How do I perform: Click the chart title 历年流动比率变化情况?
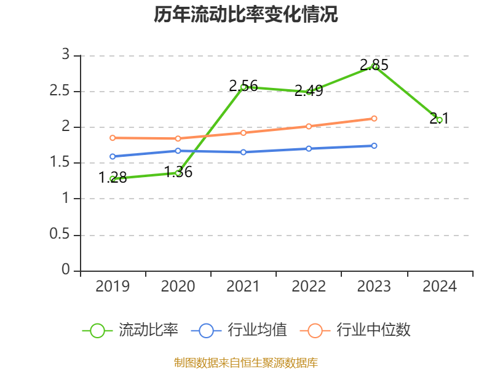point(246,15)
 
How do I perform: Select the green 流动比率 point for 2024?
point(439,120)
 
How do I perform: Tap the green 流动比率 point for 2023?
point(374,66)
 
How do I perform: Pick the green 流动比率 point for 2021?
point(244,87)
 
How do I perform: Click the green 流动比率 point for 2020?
point(178,173)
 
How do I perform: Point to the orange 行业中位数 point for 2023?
point(374,118)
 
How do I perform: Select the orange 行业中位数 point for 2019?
point(113,138)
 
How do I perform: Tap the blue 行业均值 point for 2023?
point(374,146)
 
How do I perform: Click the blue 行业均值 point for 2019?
point(113,156)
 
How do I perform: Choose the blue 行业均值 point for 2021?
point(244,152)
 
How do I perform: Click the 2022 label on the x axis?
point(309,287)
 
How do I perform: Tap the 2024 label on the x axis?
point(439,287)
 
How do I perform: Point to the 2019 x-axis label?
point(113,287)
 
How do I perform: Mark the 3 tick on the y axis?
point(66,56)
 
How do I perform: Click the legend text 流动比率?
point(148,330)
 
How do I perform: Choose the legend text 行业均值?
point(257,330)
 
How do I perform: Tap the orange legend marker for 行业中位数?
point(315,330)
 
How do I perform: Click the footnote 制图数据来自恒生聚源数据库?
point(246,362)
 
